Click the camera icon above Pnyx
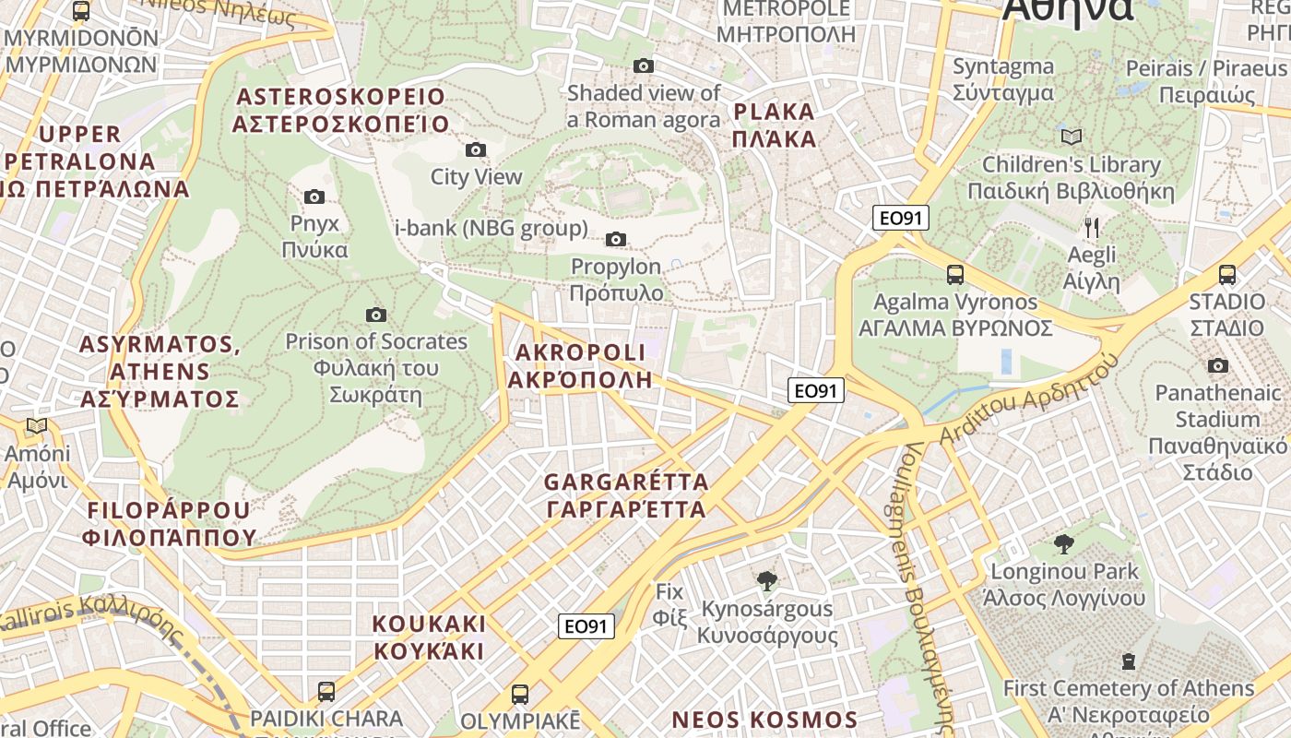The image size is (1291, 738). click(x=314, y=196)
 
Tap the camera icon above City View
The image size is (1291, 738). click(x=476, y=149)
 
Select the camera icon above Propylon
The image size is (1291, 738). click(x=616, y=240)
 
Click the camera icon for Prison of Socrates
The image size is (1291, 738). click(x=375, y=315)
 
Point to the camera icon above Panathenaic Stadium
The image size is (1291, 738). click(x=1217, y=365)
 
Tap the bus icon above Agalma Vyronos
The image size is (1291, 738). click(x=954, y=274)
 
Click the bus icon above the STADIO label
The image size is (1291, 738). click(x=1226, y=274)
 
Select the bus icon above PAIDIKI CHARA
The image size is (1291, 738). click(x=326, y=691)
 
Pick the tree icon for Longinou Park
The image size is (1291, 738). click(x=1064, y=544)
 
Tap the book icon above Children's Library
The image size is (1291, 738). click(x=1071, y=137)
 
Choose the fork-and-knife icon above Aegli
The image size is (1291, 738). click(x=1092, y=227)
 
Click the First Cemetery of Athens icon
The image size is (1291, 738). click(x=1128, y=661)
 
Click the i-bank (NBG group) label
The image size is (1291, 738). click(x=491, y=228)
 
